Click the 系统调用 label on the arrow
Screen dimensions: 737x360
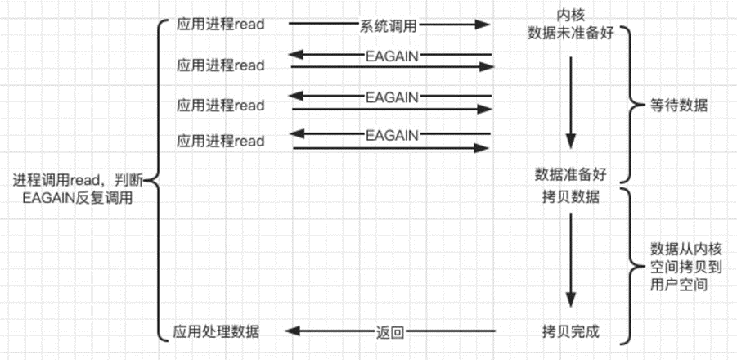coord(389,26)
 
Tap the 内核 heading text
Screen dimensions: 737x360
coord(571,16)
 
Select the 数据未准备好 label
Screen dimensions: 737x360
coord(571,33)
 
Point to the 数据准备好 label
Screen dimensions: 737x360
coord(571,175)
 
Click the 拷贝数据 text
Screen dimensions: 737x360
coord(571,197)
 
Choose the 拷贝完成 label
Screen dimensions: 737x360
coord(571,332)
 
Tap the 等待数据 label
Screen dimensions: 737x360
coord(678,106)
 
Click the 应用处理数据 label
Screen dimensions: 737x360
coord(216,332)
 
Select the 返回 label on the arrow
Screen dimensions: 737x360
coord(390,333)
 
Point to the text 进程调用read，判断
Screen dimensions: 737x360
coord(78,180)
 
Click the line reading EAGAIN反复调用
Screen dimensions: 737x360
coord(78,198)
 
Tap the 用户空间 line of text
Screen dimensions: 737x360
coord(679,285)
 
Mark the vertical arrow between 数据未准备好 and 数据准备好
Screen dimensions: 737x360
coord(571,102)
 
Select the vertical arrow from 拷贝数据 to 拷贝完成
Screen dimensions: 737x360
coord(571,259)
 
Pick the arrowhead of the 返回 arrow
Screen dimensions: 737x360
coord(294,332)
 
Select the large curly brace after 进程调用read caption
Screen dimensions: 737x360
coord(156,180)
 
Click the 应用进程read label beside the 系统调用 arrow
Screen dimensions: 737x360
coord(220,25)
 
